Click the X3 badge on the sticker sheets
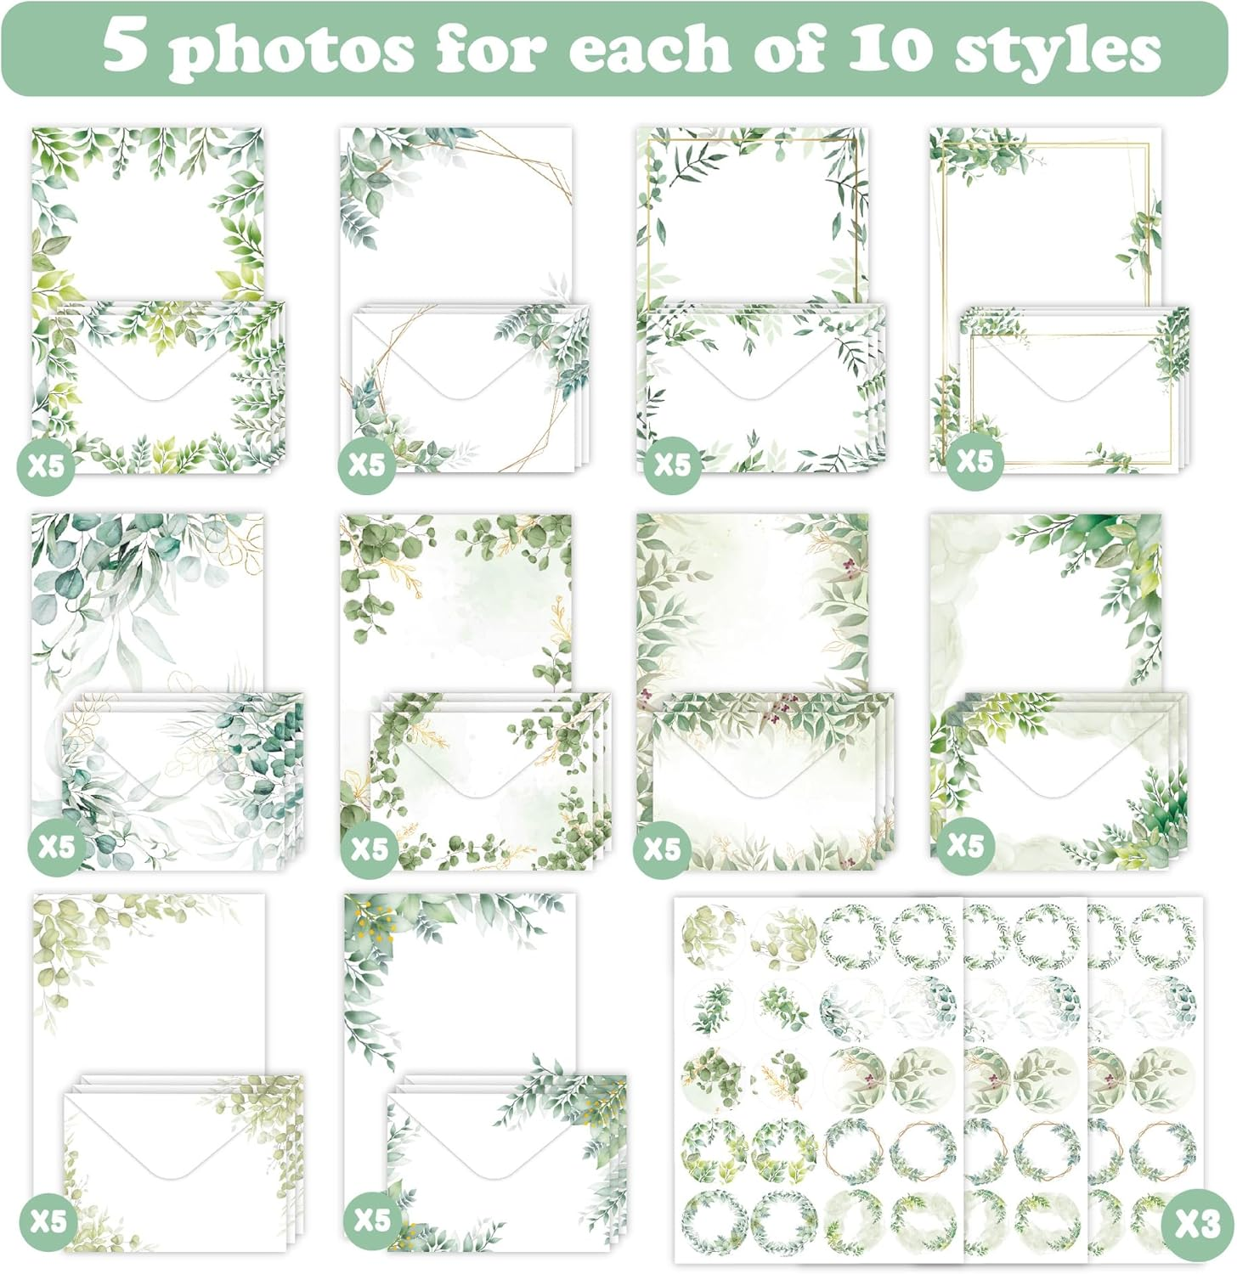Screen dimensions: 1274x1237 (x=1196, y=1224)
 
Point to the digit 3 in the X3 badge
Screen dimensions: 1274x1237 (x=1209, y=1224)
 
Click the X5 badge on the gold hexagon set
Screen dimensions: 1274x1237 (x=367, y=464)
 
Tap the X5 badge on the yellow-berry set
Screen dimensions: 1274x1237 (x=372, y=1220)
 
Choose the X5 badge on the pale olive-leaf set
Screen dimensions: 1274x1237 (x=48, y=1220)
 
